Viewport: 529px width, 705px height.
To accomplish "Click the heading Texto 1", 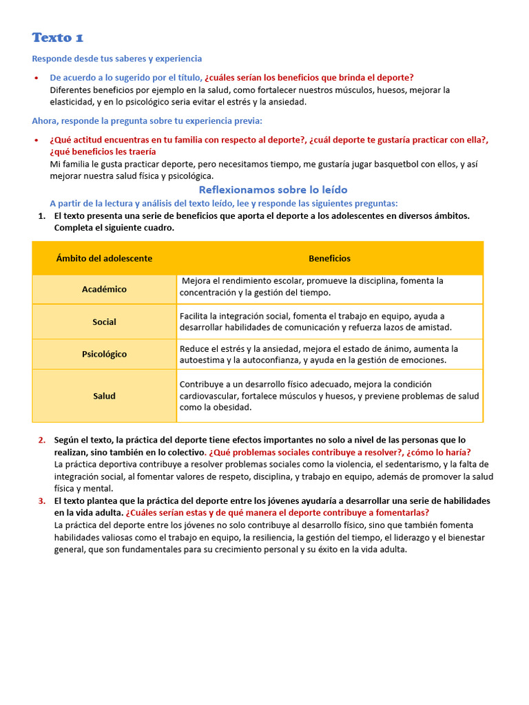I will pos(58,37).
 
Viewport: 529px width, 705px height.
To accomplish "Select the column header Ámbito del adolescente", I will pos(104,258).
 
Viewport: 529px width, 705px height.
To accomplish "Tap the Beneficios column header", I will pos(329,258).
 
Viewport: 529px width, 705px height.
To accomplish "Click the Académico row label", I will pos(104,289).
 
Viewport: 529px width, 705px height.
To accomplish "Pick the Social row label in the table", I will pos(104,322).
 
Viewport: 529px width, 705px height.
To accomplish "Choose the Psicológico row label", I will pos(104,354).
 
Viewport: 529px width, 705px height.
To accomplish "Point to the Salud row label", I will pos(104,396).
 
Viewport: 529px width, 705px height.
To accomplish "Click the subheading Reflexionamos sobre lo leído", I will pos(273,189).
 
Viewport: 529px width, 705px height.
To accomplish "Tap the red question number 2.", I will pos(42,440).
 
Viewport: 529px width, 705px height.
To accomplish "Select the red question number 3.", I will pos(42,501).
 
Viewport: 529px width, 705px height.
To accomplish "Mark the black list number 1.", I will pos(41,215).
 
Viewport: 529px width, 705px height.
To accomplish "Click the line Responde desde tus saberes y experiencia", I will pos(117,59).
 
